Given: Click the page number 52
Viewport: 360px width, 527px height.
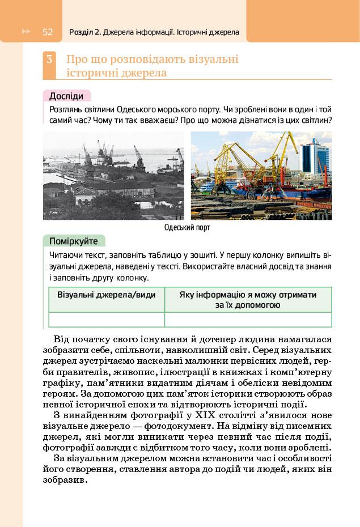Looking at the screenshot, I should [x=47, y=32].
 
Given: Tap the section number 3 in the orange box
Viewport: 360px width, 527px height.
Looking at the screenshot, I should [x=50, y=59].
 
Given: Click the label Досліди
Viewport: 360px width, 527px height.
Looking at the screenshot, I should [x=66, y=96].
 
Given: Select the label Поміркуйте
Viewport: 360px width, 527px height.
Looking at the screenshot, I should [x=73, y=241].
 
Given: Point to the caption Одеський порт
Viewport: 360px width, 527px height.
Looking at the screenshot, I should [x=187, y=228].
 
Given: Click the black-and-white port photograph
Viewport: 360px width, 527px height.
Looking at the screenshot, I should [x=113, y=176].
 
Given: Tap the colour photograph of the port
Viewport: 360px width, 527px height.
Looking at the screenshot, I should [x=261, y=176].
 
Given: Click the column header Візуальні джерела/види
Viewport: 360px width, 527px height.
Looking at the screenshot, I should [x=107, y=295].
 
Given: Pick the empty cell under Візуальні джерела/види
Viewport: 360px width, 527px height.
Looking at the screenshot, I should [x=107, y=320].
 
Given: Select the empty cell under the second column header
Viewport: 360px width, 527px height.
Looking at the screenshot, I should [x=248, y=320].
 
